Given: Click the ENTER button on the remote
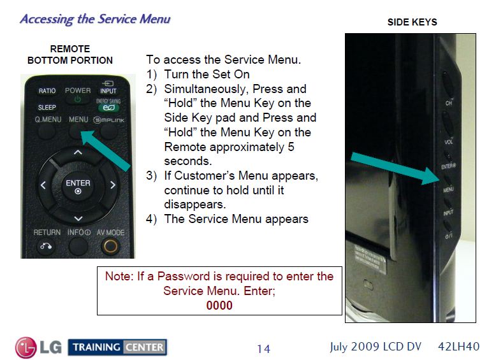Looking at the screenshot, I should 78,186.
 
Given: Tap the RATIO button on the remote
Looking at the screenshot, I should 47,91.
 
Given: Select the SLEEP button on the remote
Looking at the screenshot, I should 47,108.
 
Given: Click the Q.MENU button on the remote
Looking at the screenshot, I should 47,119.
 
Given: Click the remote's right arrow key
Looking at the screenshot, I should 113,186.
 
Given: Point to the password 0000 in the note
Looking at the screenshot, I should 219,305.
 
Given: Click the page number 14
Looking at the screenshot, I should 263,349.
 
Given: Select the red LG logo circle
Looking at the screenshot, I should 26,347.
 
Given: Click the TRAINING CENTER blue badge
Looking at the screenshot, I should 117,347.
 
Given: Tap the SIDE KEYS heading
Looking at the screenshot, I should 412,22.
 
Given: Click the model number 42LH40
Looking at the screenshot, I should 459,347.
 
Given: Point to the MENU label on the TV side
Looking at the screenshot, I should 448,190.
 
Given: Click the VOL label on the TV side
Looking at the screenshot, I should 448,143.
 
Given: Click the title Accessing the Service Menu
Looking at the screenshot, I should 95,18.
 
